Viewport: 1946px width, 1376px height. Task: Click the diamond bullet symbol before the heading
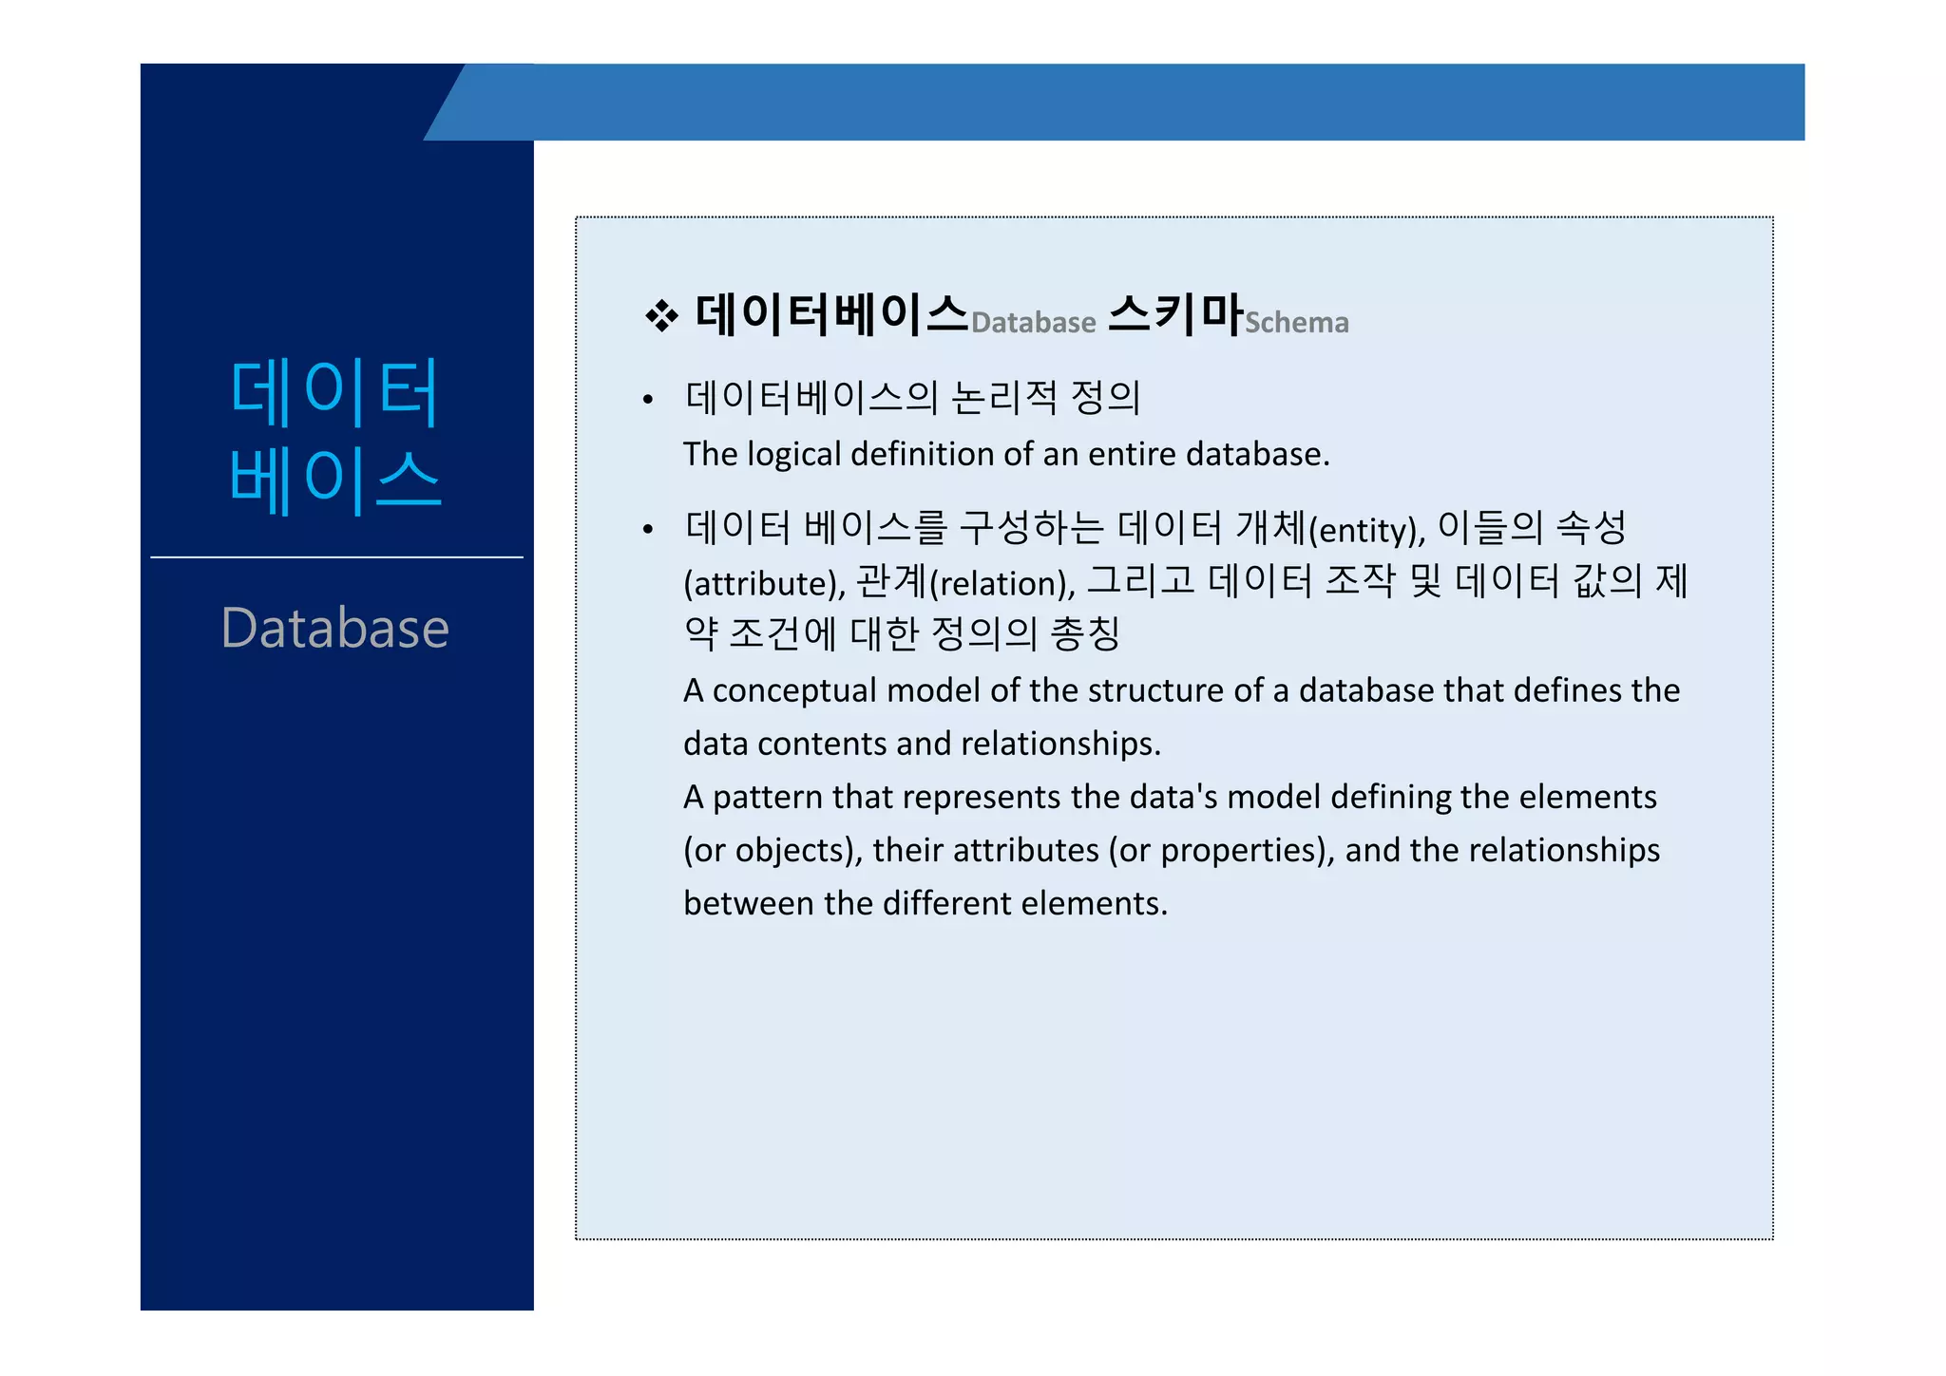coord(661,316)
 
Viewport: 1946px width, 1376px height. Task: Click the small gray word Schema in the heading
coord(1296,323)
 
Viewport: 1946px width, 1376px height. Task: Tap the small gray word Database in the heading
coord(1033,323)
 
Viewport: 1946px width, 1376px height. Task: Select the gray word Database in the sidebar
coord(334,629)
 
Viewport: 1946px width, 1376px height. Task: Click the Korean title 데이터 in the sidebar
coord(334,392)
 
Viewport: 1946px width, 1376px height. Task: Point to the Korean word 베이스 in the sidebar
coord(334,481)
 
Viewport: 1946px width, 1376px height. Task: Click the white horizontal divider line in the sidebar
coord(336,557)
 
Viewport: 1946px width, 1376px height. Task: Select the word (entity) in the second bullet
coord(1364,530)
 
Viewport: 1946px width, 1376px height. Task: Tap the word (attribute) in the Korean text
coord(762,583)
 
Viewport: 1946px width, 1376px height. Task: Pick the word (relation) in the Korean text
coord(1000,583)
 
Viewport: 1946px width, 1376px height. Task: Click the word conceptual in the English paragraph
coord(794,690)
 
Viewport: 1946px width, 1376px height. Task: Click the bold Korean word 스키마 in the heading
coord(1175,313)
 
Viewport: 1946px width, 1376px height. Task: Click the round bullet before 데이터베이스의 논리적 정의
coord(648,400)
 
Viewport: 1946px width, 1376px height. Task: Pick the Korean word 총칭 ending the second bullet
coord(1085,633)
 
